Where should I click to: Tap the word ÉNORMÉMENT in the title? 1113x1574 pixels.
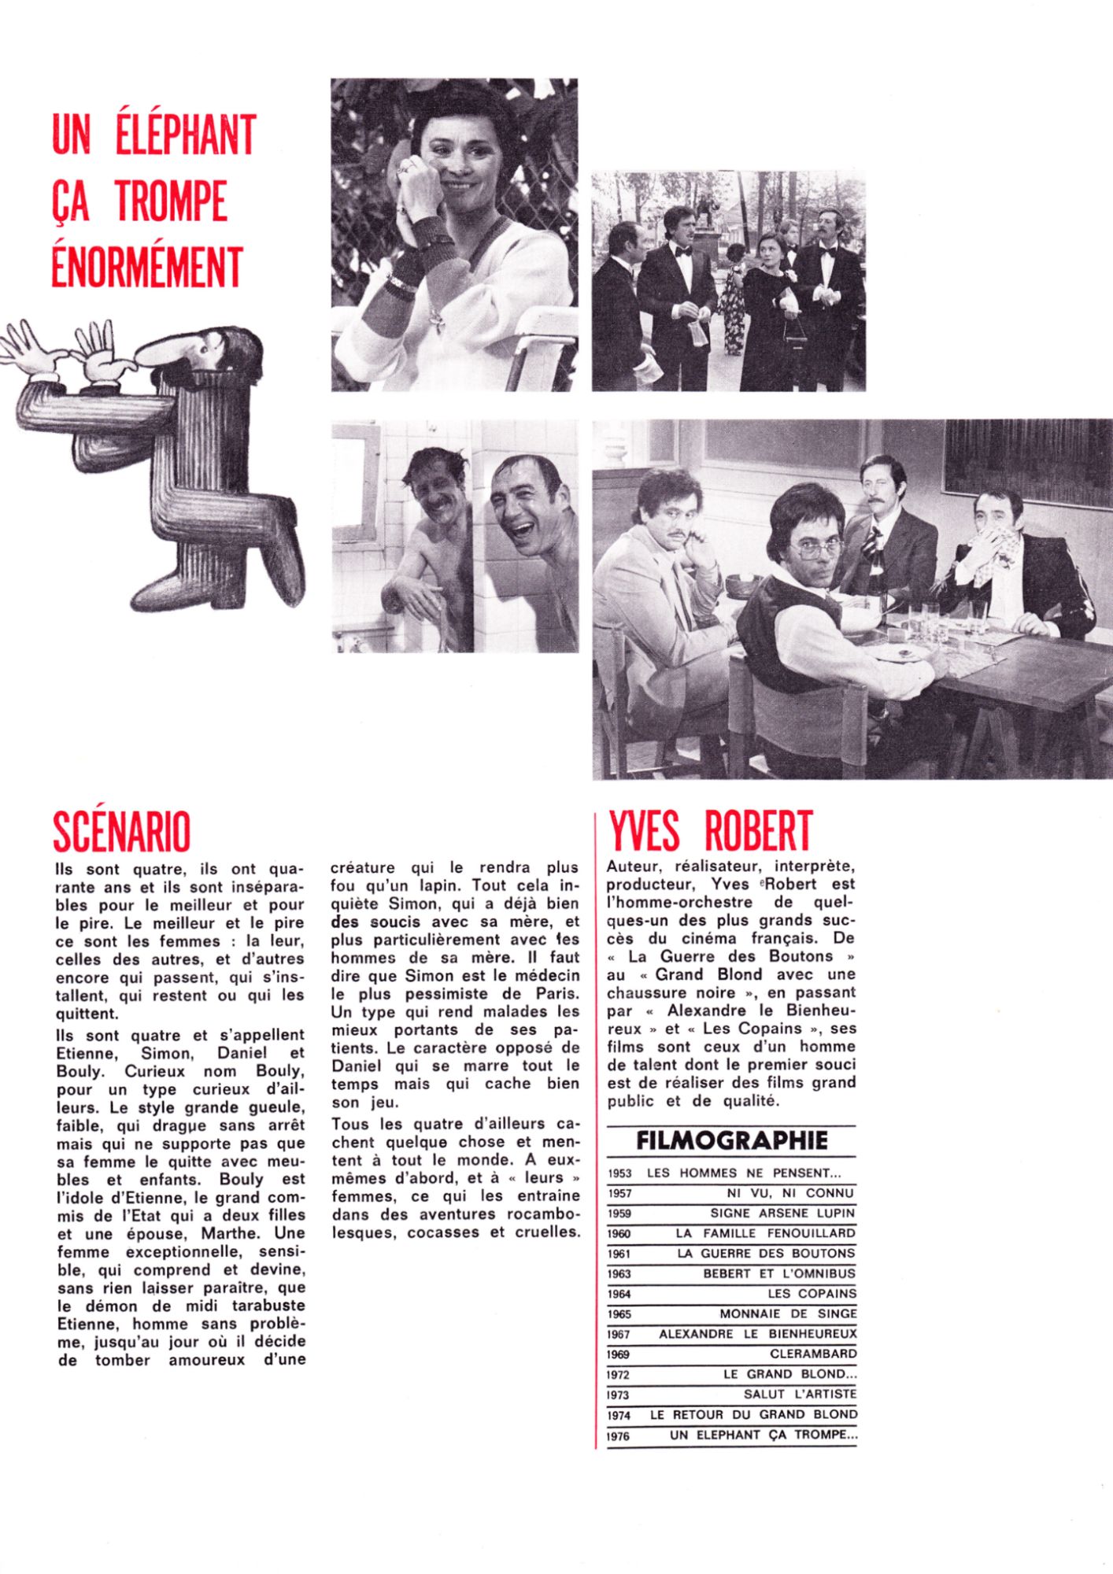tap(146, 268)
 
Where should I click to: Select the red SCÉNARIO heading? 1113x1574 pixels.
tap(122, 831)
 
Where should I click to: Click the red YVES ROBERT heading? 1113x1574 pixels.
tap(710, 831)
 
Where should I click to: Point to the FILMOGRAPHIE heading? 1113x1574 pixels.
tap(731, 1140)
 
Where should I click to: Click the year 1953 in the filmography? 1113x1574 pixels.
tap(620, 1173)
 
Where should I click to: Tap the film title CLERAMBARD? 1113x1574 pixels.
tap(813, 1354)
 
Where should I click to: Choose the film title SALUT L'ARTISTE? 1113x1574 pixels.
tap(800, 1395)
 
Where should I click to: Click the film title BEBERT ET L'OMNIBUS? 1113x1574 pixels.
tap(778, 1273)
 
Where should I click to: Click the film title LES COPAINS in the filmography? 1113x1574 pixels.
tap(812, 1294)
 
